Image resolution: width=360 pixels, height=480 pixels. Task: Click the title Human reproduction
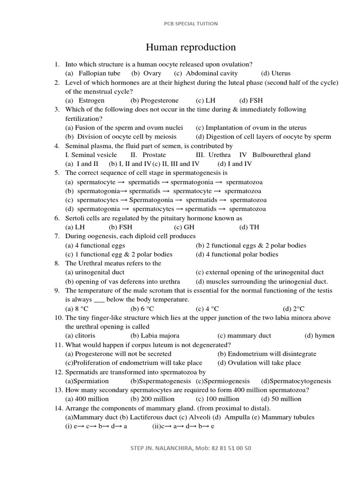coord(191,47)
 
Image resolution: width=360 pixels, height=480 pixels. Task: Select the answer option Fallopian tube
coord(99,73)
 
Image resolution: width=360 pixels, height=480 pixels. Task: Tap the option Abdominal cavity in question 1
coord(211,73)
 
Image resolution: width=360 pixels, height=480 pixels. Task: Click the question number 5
coord(56,172)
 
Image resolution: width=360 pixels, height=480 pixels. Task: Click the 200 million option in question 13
coord(158,399)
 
